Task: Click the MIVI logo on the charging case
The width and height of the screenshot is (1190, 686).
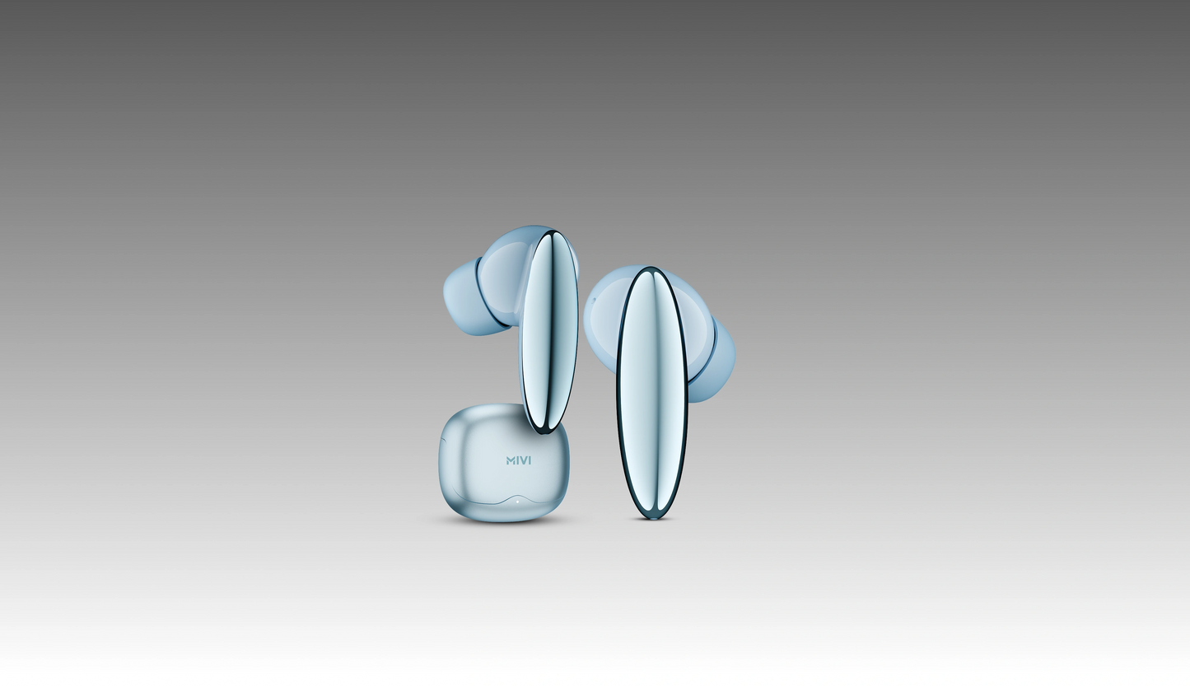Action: pyautogui.click(x=519, y=460)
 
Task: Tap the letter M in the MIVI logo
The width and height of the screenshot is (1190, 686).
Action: pyautogui.click(x=511, y=460)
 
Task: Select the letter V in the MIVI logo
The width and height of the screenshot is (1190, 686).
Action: pyautogui.click(x=524, y=460)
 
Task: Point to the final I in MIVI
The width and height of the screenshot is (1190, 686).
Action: pyautogui.click(x=530, y=460)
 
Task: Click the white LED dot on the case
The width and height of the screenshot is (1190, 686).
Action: pyautogui.click(x=517, y=501)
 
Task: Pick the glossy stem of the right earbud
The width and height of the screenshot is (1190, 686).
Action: pyautogui.click(x=652, y=393)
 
